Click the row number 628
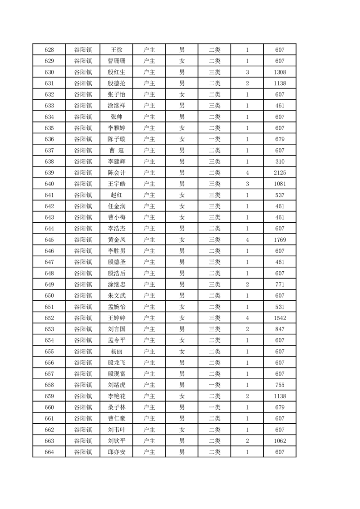49,50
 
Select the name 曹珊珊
116,61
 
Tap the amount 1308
280,72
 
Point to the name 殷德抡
116,83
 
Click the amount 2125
280,173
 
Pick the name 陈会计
116,173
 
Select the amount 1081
280,184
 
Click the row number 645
49,240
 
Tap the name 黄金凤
116,240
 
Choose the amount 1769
280,240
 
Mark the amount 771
280,284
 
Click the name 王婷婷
116,318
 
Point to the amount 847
280,329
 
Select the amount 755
280,385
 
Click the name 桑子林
116,407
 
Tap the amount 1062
280,441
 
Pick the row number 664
49,452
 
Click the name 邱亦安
116,452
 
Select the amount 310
280,162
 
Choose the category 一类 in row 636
214,139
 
